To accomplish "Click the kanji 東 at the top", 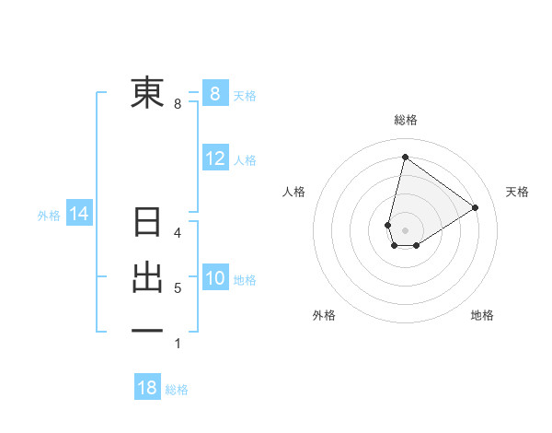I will pyautogui.click(x=147, y=93).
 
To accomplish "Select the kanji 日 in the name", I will pyautogui.click(x=147, y=223).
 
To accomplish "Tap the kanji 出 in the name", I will pyautogui.click(x=147, y=278).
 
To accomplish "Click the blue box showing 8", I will pyautogui.click(x=214, y=94).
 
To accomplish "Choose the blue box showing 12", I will pyautogui.click(x=214, y=158).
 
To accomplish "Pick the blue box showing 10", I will pyautogui.click(x=214, y=278).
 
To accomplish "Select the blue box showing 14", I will pyautogui.click(x=78, y=214).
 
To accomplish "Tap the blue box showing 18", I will pyautogui.click(x=147, y=388).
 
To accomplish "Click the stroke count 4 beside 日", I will pyautogui.click(x=178, y=234).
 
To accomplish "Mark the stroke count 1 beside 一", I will pyautogui.click(x=178, y=344).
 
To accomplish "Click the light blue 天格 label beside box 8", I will pyautogui.click(x=245, y=95).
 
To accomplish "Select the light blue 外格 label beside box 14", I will pyautogui.click(x=49, y=215).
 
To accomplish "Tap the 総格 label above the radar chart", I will pyautogui.click(x=406, y=120).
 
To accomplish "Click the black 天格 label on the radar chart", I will pyautogui.click(x=517, y=192).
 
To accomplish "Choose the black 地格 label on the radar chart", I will pyautogui.click(x=482, y=315).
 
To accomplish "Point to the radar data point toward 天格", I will pyautogui.click(x=476, y=207).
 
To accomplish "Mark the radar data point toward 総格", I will pyautogui.click(x=405, y=158).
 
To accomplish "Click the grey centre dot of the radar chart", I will pyautogui.click(x=406, y=229).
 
